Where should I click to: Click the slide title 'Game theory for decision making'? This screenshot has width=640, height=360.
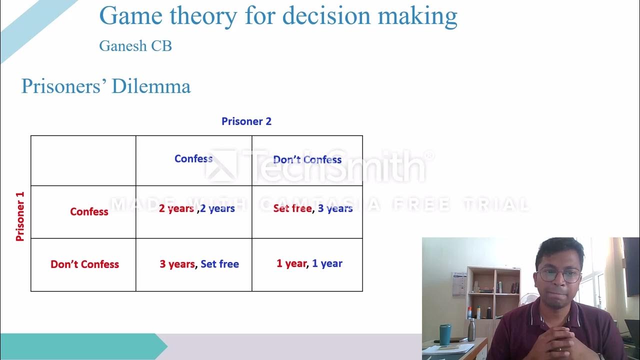pyautogui.click(x=278, y=16)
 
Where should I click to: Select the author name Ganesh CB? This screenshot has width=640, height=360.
pyautogui.click(x=135, y=46)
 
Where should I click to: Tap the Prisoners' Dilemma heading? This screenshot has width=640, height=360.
pyautogui.click(x=106, y=86)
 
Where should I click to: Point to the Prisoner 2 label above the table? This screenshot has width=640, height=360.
pyautogui.click(x=246, y=121)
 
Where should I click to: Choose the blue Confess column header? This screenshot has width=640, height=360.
pyautogui.click(x=193, y=159)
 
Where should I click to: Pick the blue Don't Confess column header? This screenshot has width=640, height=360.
pyautogui.click(x=307, y=160)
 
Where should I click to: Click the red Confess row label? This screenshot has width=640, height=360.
pyautogui.click(x=89, y=211)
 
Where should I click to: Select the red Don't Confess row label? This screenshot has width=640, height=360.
pyautogui.click(x=84, y=264)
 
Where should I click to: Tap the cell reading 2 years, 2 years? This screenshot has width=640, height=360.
pyautogui.click(x=196, y=208)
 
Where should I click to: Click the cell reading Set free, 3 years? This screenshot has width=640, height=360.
pyautogui.click(x=312, y=208)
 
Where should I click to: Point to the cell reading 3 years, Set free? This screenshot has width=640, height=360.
pyautogui.click(x=199, y=264)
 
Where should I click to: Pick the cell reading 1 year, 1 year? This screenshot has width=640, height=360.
pyautogui.click(x=309, y=263)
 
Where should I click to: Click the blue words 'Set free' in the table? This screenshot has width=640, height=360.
pyautogui.click(x=219, y=264)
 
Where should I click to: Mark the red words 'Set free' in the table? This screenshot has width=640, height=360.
pyautogui.click(x=292, y=208)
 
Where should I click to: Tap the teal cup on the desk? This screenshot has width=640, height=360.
pyautogui.click(x=444, y=334)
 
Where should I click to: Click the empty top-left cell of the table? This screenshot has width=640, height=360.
pyautogui.click(x=83, y=160)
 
